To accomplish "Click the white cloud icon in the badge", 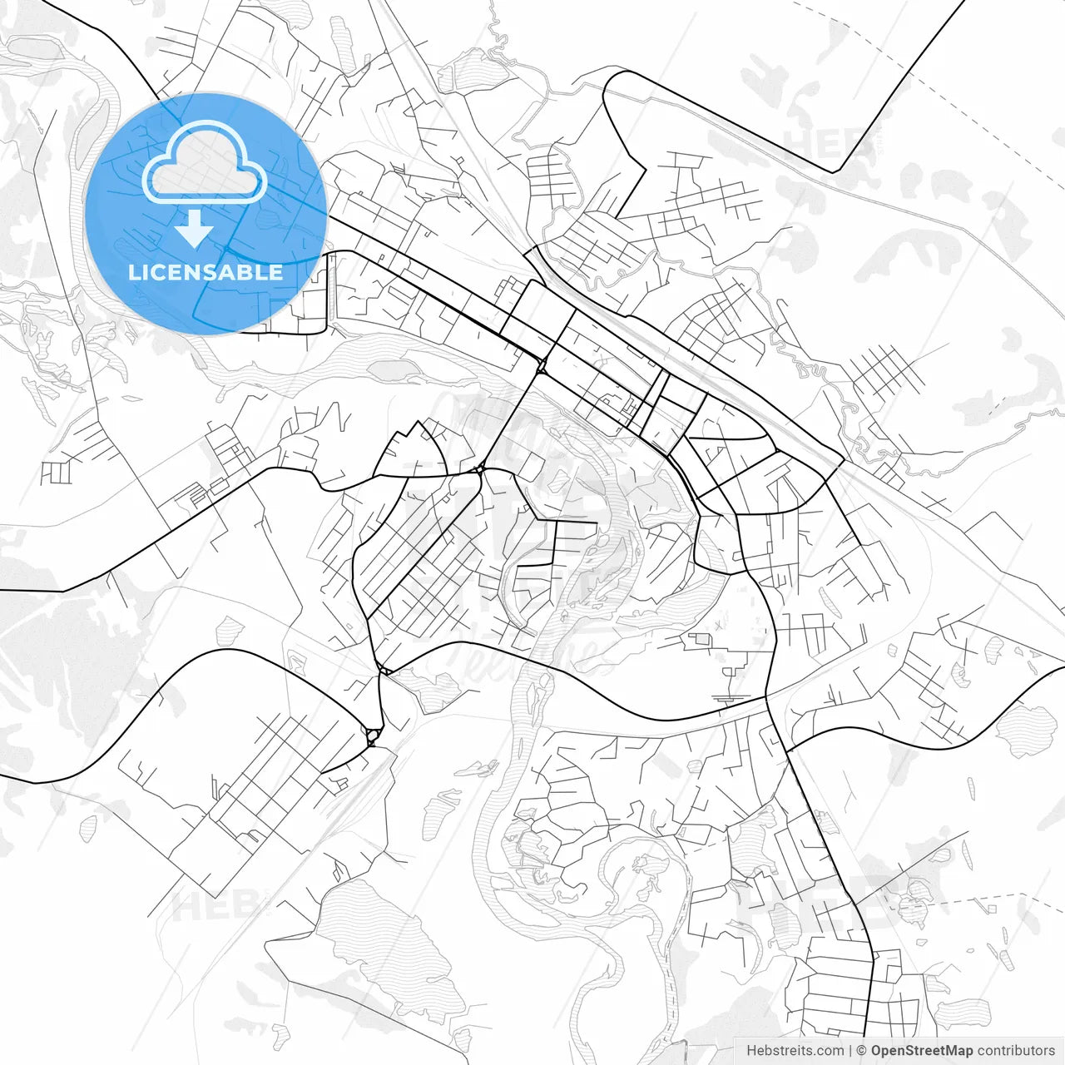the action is pyautogui.click(x=205, y=161).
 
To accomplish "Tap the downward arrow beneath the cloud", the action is pyautogui.click(x=195, y=230).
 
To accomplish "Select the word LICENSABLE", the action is pyautogui.click(x=205, y=272).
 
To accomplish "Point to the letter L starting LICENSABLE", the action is pyautogui.click(x=133, y=272).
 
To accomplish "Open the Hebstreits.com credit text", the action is pyautogui.click(x=795, y=1051).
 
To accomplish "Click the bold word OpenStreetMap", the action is pyautogui.click(x=922, y=1051).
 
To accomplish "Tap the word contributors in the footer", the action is pyautogui.click(x=1016, y=1051).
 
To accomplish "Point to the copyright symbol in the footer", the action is pyautogui.click(x=862, y=1051).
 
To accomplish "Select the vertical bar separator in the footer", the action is pyautogui.click(x=850, y=1051).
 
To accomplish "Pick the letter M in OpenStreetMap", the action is pyautogui.click(x=954, y=1051).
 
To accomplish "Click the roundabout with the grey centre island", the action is pyautogui.click(x=372, y=735).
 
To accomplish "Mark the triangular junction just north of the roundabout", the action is pyautogui.click(x=384, y=668).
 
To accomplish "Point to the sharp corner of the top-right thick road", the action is pyautogui.click(x=834, y=172).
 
